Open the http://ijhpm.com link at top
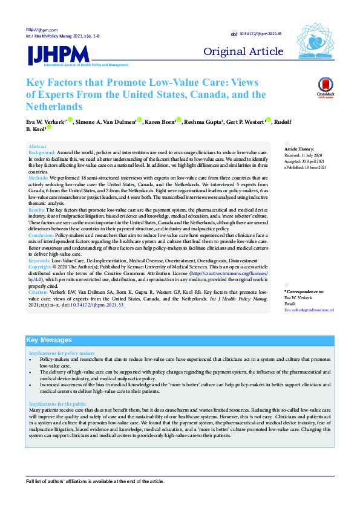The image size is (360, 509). coord(41,30)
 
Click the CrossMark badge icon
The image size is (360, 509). coord(325,88)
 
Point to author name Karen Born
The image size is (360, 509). coord(160,122)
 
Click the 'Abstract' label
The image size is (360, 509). coord(38,147)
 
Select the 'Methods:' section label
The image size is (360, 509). coord(39,179)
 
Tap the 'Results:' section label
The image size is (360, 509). coord(38,209)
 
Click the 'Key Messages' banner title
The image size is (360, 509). coord(49,340)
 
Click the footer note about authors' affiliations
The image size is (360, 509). coord(94,481)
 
